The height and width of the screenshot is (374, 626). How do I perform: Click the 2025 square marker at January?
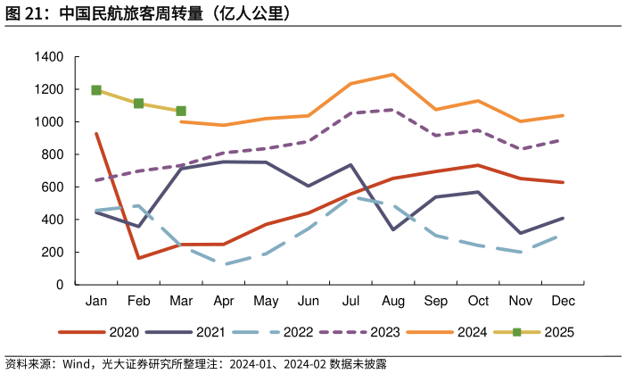tap(96, 90)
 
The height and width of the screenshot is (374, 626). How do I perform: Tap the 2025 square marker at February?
tap(138, 104)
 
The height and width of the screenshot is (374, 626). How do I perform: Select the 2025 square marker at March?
tap(181, 111)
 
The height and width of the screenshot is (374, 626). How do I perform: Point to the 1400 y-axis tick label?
tap(49, 57)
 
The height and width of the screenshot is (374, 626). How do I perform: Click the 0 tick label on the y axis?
tap(60, 285)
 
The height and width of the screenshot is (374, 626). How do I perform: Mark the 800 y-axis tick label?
tap(53, 154)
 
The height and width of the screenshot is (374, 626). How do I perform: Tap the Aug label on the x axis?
tap(393, 302)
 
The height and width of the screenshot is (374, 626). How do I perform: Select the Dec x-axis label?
tap(563, 302)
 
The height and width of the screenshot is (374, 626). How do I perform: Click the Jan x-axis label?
tap(96, 302)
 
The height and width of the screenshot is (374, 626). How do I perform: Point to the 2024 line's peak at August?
tap(393, 74)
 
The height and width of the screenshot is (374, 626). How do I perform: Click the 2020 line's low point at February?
tap(138, 258)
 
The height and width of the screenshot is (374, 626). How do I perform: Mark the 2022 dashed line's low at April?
tap(224, 264)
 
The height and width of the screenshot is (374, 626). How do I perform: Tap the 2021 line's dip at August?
tap(393, 229)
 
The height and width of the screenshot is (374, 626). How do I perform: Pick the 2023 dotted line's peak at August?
tap(393, 110)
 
